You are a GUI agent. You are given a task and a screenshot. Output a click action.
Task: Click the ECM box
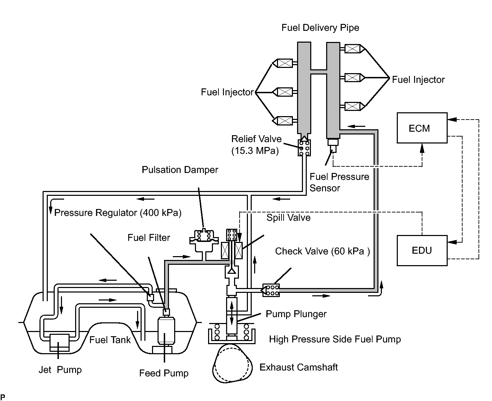(422, 128)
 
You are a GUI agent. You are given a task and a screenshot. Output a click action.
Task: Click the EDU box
(422, 251)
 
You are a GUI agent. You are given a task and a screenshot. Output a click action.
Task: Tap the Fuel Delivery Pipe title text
(320, 28)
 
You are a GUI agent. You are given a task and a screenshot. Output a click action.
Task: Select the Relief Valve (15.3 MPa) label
(256, 145)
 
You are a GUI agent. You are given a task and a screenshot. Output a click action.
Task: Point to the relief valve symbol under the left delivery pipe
(304, 148)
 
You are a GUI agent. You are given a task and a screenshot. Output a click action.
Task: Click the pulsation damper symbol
(204, 241)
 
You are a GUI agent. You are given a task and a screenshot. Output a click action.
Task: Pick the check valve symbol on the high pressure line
(271, 290)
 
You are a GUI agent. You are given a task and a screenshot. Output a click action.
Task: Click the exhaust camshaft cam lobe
(232, 364)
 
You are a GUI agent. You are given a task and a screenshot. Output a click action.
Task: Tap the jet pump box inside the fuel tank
(60, 342)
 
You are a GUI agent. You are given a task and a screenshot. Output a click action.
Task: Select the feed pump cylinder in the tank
(166, 331)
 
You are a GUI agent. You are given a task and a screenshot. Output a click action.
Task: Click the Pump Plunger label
(296, 314)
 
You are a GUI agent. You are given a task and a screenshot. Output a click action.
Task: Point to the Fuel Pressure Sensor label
(339, 182)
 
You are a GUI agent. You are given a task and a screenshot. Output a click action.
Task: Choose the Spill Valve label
(288, 218)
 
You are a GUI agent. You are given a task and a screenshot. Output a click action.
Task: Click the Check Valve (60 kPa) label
(322, 251)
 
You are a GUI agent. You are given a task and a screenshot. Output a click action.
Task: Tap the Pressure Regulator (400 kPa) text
(118, 213)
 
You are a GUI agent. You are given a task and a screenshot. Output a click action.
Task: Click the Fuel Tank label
(110, 340)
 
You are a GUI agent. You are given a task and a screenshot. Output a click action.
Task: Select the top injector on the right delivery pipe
(352, 49)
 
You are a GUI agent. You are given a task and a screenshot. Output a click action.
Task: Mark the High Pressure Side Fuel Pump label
(335, 339)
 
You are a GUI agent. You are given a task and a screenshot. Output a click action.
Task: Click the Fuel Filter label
(149, 237)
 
